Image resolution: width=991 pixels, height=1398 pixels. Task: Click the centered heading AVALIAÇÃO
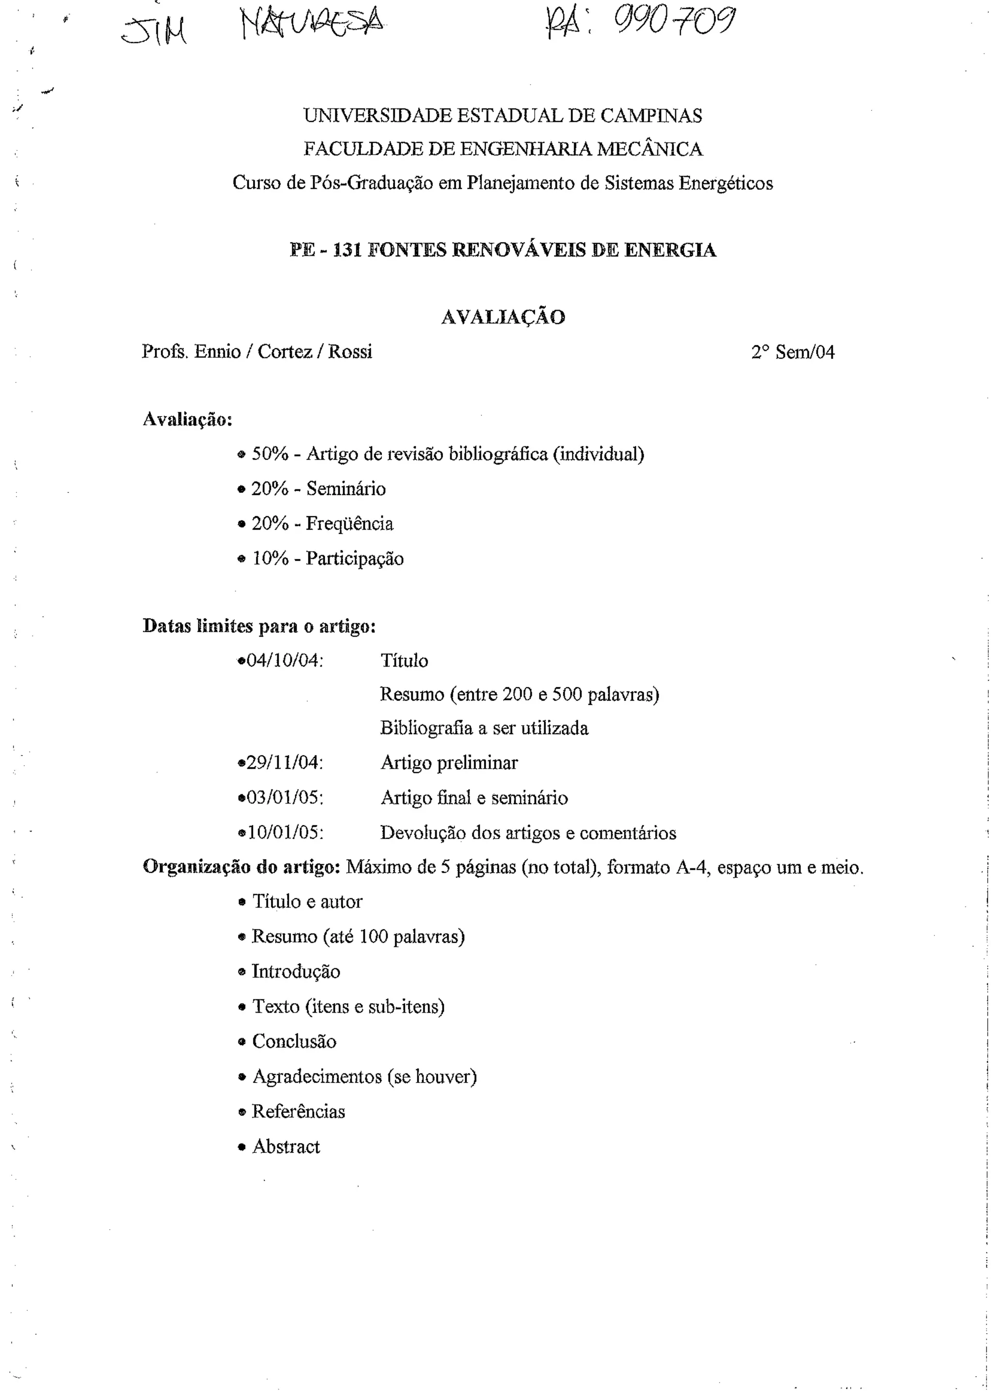(503, 317)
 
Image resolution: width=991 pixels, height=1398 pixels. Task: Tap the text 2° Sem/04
(793, 353)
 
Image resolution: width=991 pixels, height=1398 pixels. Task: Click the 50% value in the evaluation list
(270, 454)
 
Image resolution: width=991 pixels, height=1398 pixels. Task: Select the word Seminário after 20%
(346, 489)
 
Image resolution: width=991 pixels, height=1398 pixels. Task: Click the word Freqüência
(350, 523)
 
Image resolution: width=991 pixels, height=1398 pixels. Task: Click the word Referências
(299, 1111)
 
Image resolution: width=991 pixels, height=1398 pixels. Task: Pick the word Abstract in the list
(286, 1147)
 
